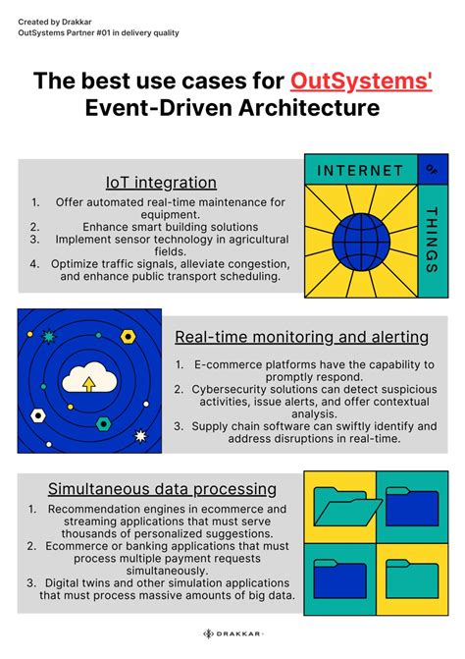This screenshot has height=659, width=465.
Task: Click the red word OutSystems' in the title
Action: click(361, 81)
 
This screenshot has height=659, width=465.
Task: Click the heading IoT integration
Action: click(161, 183)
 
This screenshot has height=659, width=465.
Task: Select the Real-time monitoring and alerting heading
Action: click(301, 337)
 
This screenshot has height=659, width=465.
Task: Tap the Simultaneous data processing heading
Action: click(162, 488)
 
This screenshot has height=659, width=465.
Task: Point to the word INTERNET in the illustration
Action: click(360, 170)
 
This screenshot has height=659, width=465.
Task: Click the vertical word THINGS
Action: click(432, 239)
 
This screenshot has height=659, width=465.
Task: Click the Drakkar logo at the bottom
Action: click(232, 633)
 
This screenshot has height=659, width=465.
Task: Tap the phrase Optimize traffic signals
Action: click(114, 263)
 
